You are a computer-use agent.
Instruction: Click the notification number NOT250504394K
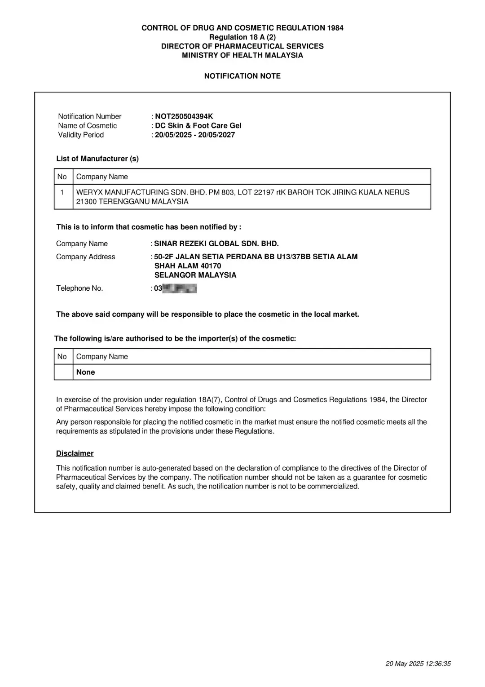[x=184, y=116]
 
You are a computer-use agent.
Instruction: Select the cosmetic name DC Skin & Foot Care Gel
[x=198, y=126]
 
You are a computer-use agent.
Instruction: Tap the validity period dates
[x=195, y=135]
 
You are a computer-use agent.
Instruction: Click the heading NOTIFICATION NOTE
[x=242, y=76]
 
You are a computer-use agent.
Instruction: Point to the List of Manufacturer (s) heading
[x=97, y=159]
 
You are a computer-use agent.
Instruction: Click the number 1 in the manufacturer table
[x=62, y=192]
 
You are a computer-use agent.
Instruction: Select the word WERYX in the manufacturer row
[x=89, y=192]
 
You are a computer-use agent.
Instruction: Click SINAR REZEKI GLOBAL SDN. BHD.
[x=216, y=244]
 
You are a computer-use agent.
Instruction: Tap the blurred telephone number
[x=180, y=288]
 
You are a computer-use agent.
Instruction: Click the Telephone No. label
[x=79, y=288]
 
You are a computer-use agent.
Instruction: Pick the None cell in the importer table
[x=86, y=372]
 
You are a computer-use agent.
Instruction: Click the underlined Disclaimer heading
[x=75, y=453]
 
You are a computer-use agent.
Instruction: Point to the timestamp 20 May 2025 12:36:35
[x=418, y=664]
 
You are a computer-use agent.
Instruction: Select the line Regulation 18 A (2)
[x=242, y=37]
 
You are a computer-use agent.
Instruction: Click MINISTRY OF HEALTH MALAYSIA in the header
[x=242, y=55]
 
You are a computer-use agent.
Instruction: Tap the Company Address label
[x=86, y=257]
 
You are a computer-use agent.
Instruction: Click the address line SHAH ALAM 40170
[x=188, y=266]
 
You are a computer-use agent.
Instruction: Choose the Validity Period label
[x=81, y=135]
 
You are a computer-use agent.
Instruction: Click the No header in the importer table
[x=62, y=356]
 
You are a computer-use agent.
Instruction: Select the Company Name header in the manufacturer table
[x=102, y=177]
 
